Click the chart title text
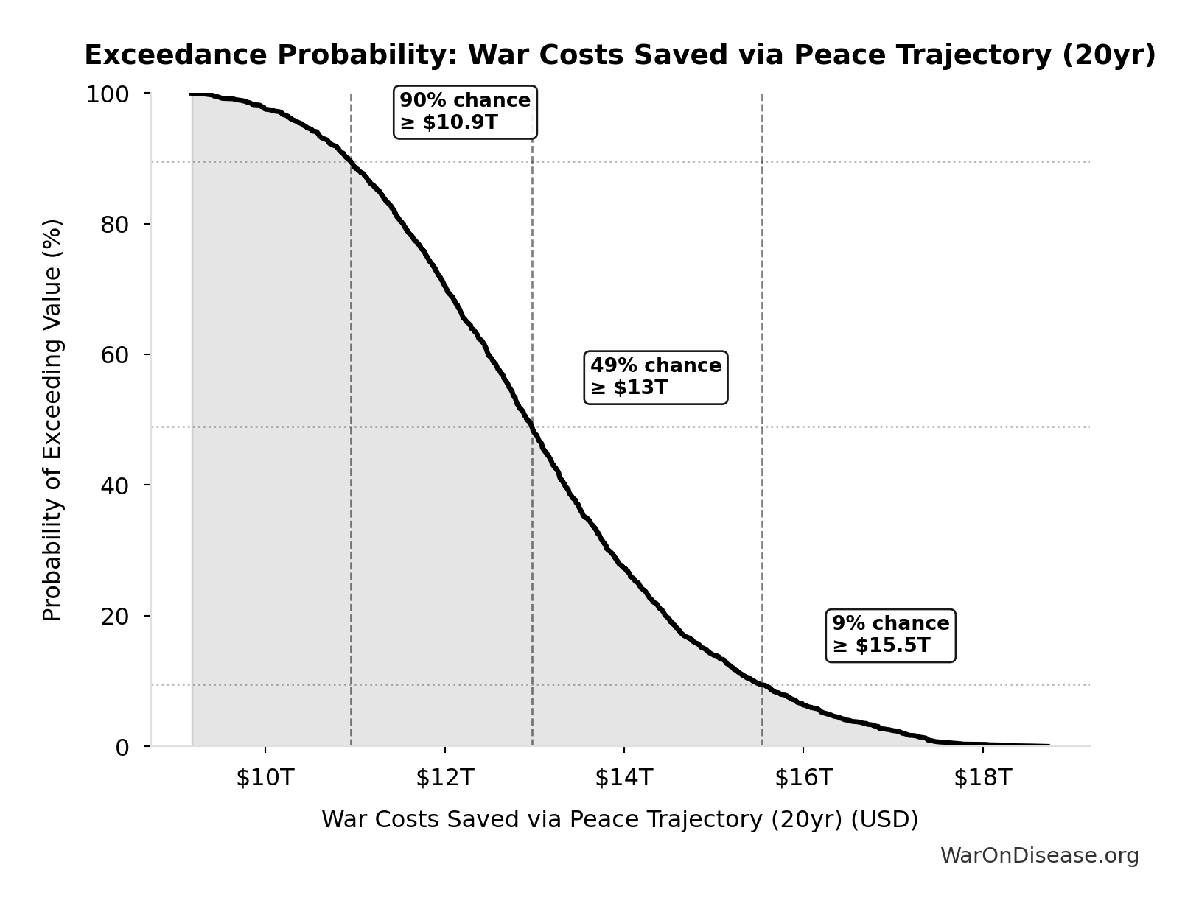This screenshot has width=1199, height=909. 620,55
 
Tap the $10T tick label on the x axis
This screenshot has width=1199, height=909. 265,777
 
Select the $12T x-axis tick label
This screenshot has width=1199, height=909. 444,777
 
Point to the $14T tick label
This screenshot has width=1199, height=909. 623,777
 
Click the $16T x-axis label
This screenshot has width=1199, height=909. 803,777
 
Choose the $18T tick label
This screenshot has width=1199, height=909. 982,777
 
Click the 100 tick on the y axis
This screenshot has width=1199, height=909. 108,94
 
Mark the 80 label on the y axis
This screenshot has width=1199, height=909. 115,225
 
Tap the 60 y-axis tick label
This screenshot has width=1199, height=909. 115,355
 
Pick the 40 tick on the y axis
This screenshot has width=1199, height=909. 115,485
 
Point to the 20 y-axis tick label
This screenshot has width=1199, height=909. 115,616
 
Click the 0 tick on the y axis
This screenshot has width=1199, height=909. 122,747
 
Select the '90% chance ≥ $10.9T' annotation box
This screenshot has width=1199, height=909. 465,111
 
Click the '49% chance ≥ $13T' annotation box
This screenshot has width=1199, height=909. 655,376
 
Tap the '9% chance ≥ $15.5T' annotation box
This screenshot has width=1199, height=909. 890,634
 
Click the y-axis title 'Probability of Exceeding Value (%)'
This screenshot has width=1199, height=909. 52,420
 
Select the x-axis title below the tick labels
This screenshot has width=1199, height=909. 620,820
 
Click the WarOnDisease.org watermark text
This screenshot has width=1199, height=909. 1039,855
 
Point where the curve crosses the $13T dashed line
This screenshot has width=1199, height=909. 532,427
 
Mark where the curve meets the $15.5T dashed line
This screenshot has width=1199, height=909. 762,684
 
